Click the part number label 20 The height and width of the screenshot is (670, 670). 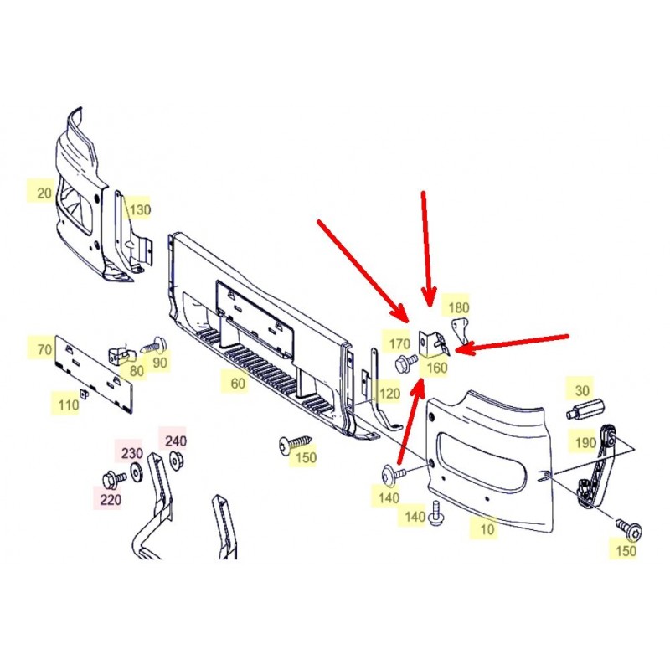[x=44, y=193]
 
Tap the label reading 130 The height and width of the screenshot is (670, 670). [x=140, y=210]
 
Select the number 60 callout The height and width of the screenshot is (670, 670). [x=238, y=384]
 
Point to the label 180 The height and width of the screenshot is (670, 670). [x=458, y=307]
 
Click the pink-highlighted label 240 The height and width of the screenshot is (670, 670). [x=176, y=441]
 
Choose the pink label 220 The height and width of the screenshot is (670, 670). [x=111, y=499]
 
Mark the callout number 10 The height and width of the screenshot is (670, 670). [x=487, y=529]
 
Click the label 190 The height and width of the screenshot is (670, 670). [x=585, y=442]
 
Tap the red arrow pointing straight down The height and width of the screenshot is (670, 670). [x=426, y=249]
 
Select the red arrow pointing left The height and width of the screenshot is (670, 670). [x=512, y=343]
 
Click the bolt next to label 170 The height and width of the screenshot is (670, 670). [x=406, y=363]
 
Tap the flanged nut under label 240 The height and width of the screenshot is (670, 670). [x=174, y=459]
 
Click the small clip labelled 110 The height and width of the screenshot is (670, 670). [x=85, y=393]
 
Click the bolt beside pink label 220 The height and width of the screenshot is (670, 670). [x=113, y=477]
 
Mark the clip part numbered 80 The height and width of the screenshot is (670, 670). [x=120, y=353]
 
